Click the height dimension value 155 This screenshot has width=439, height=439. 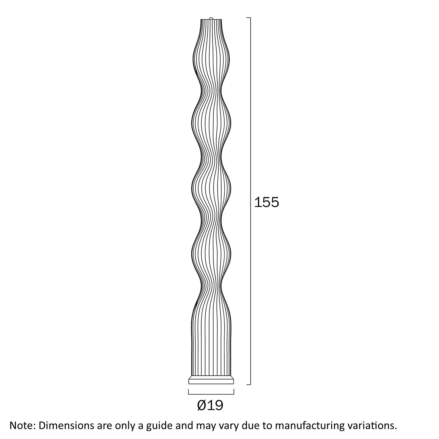(266, 202)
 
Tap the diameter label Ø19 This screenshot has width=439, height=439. (210, 405)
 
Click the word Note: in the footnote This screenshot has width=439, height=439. (22, 425)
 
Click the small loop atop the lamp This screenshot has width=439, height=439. (211, 18)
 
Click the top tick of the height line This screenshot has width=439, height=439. (248, 18)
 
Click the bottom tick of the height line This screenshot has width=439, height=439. (248, 385)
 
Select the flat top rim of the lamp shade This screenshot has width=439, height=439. (211, 19)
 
